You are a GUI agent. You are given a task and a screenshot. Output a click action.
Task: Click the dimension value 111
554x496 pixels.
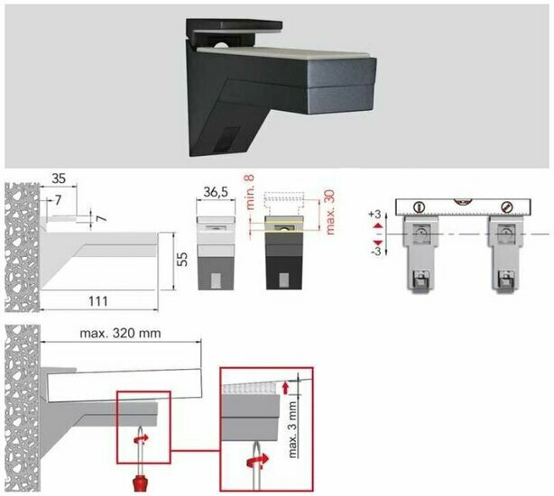tap(98, 301)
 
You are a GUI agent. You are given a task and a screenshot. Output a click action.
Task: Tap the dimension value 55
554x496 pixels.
tap(181, 260)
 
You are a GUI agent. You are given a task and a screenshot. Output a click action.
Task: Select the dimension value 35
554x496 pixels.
tap(59, 179)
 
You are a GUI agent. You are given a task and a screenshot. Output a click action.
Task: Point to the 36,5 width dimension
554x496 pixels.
tap(216, 192)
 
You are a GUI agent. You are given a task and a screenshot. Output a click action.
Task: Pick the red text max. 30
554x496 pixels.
tap(330, 213)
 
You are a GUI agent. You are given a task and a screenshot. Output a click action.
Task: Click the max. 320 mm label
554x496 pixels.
tap(121, 334)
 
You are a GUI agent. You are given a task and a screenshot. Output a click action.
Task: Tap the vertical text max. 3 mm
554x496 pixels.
tap(293, 429)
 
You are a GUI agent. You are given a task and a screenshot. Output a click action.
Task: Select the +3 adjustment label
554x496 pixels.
tap(374, 215)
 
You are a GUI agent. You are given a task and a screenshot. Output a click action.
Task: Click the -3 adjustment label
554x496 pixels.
tap(375, 252)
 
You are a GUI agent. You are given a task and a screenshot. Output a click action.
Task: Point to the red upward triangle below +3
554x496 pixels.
tap(378, 225)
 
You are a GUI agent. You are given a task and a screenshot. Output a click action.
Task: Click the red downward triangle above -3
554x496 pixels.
tap(378, 243)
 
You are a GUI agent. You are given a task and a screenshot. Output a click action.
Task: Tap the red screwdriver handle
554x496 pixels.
tap(140, 483)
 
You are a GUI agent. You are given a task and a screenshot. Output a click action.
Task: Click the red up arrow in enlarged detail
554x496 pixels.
tap(285, 388)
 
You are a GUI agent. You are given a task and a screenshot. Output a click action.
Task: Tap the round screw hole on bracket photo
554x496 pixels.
tap(222, 45)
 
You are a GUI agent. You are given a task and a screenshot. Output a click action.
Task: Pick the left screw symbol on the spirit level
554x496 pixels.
tap(419, 207)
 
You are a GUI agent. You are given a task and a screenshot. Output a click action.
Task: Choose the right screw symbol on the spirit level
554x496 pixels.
tap(506, 207)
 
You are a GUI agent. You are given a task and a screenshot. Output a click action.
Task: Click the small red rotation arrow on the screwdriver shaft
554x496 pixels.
tap(141, 439)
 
